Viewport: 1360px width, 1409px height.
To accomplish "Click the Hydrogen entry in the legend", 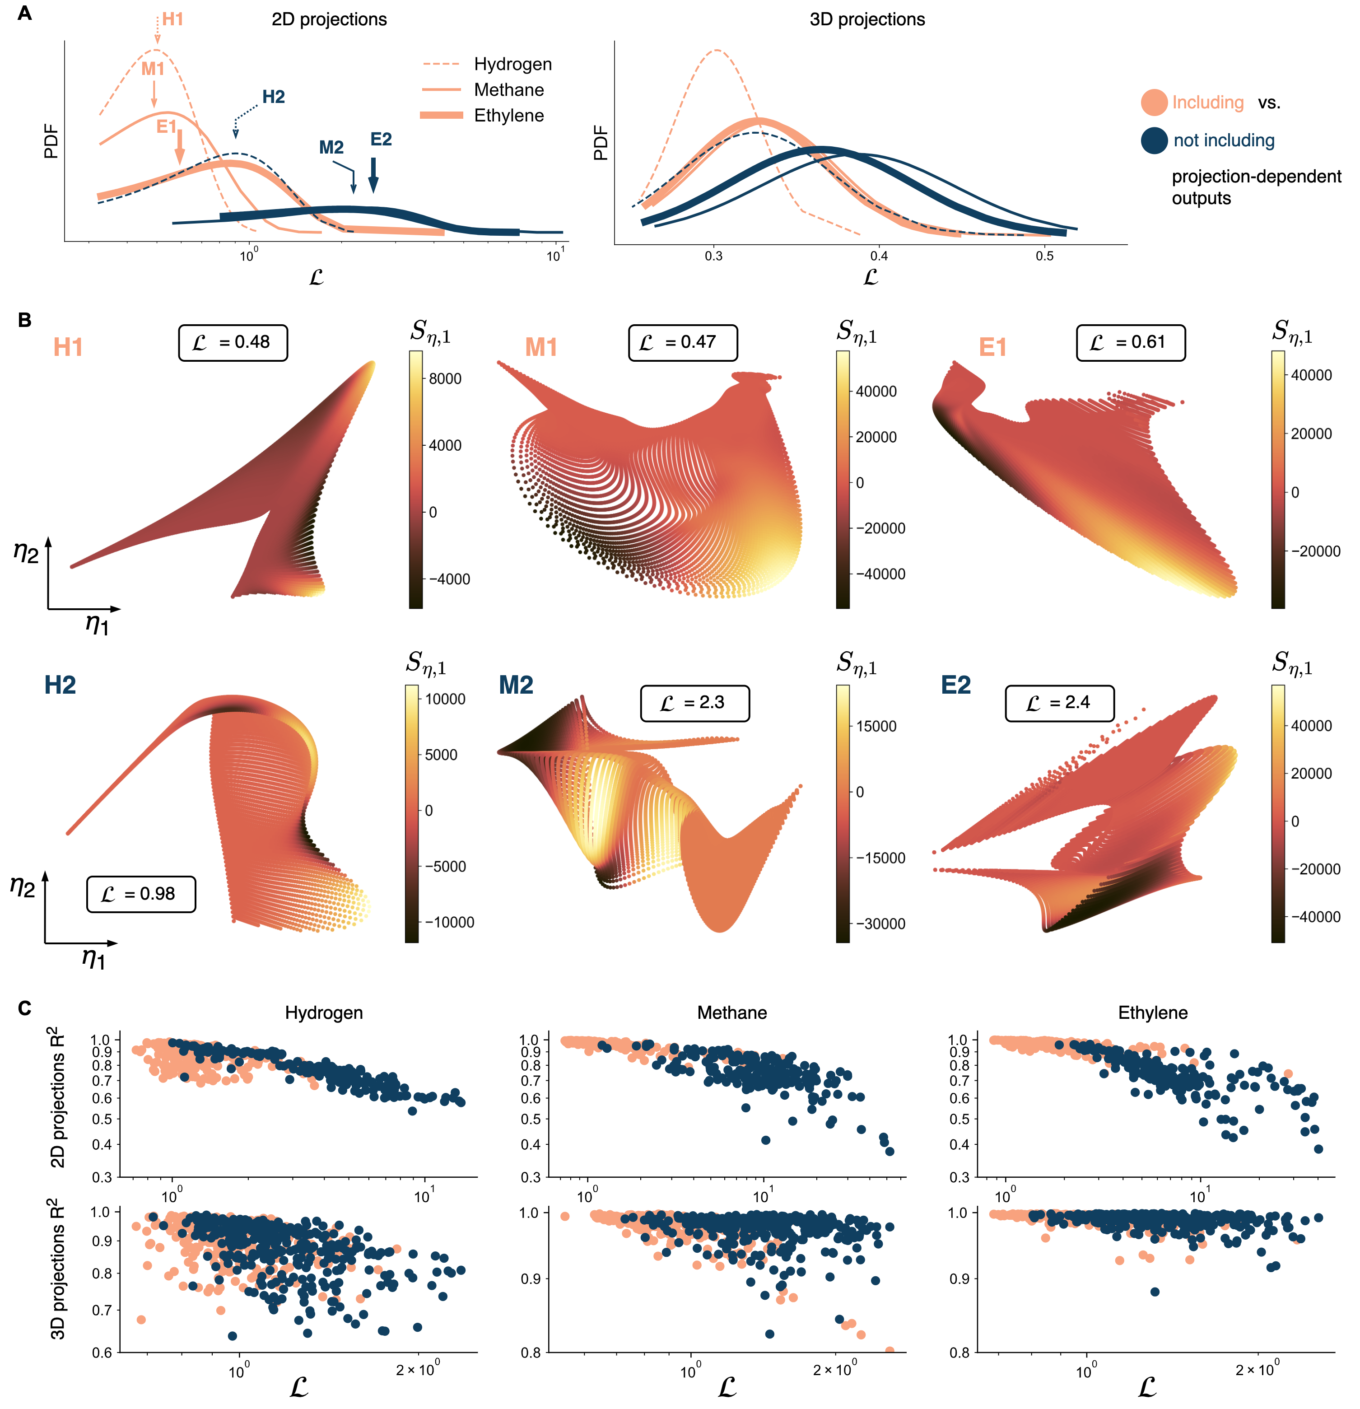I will [x=512, y=64].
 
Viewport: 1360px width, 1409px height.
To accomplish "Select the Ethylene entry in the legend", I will [x=508, y=116].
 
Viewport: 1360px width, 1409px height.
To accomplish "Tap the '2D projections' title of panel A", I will [x=329, y=19].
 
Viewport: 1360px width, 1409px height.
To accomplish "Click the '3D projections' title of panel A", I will [x=867, y=19].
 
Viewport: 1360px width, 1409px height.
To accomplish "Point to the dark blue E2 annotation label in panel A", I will [x=381, y=140].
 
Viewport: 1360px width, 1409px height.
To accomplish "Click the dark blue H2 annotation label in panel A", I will [x=273, y=97].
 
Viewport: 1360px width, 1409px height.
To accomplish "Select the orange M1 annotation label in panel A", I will [x=152, y=69].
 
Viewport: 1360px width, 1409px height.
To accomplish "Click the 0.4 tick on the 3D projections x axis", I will [x=878, y=256].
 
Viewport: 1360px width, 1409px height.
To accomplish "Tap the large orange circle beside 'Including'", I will [x=1154, y=103].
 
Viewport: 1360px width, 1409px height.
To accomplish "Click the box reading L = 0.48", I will [x=233, y=342].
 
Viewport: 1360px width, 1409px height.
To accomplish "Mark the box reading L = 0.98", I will [x=141, y=894].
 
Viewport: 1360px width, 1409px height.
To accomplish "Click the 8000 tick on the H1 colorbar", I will [x=445, y=379].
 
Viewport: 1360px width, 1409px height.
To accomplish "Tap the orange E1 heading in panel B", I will [x=993, y=348].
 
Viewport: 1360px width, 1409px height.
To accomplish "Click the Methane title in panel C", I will [x=732, y=1013].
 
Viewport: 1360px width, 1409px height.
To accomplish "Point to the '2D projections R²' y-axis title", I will [x=57, y=1097].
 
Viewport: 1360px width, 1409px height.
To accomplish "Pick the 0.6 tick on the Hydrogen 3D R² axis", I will [x=101, y=1352].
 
